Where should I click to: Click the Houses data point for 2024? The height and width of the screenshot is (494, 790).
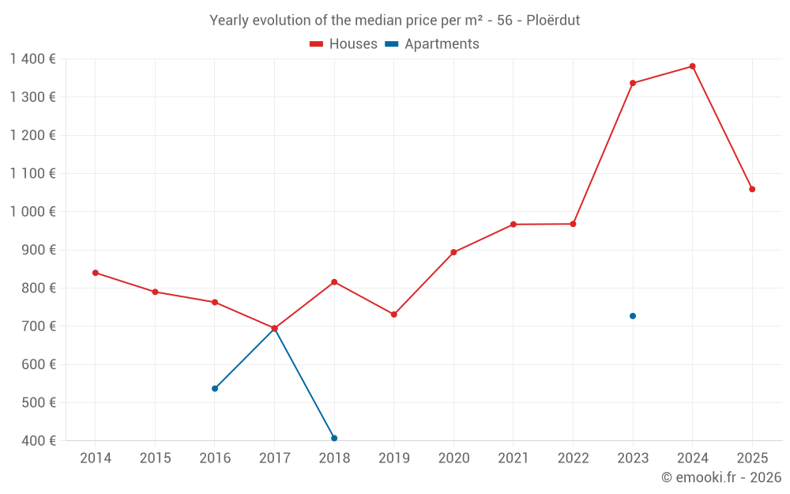(692, 66)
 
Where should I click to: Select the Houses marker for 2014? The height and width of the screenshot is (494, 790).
(96, 273)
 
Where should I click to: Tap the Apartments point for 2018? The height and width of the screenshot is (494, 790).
(334, 438)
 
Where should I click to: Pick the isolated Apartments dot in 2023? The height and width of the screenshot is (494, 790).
(633, 316)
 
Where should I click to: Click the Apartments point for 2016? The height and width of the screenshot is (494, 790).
(215, 389)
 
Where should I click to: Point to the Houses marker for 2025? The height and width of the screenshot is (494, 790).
(752, 189)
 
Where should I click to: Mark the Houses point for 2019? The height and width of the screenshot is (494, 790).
(394, 315)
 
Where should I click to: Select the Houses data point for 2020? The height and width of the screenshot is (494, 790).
(453, 252)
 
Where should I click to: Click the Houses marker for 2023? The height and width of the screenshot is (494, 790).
(633, 83)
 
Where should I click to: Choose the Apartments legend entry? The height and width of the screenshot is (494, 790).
(432, 44)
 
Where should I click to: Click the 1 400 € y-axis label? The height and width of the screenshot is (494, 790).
(32, 59)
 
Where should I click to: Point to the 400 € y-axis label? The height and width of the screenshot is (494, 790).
(39, 441)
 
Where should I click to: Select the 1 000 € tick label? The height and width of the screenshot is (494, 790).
(32, 212)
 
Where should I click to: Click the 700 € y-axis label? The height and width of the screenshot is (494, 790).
(39, 326)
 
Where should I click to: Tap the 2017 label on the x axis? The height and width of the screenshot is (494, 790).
(274, 458)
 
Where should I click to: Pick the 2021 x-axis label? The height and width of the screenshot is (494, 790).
(513, 458)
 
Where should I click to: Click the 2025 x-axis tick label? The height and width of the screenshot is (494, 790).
(752, 458)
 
